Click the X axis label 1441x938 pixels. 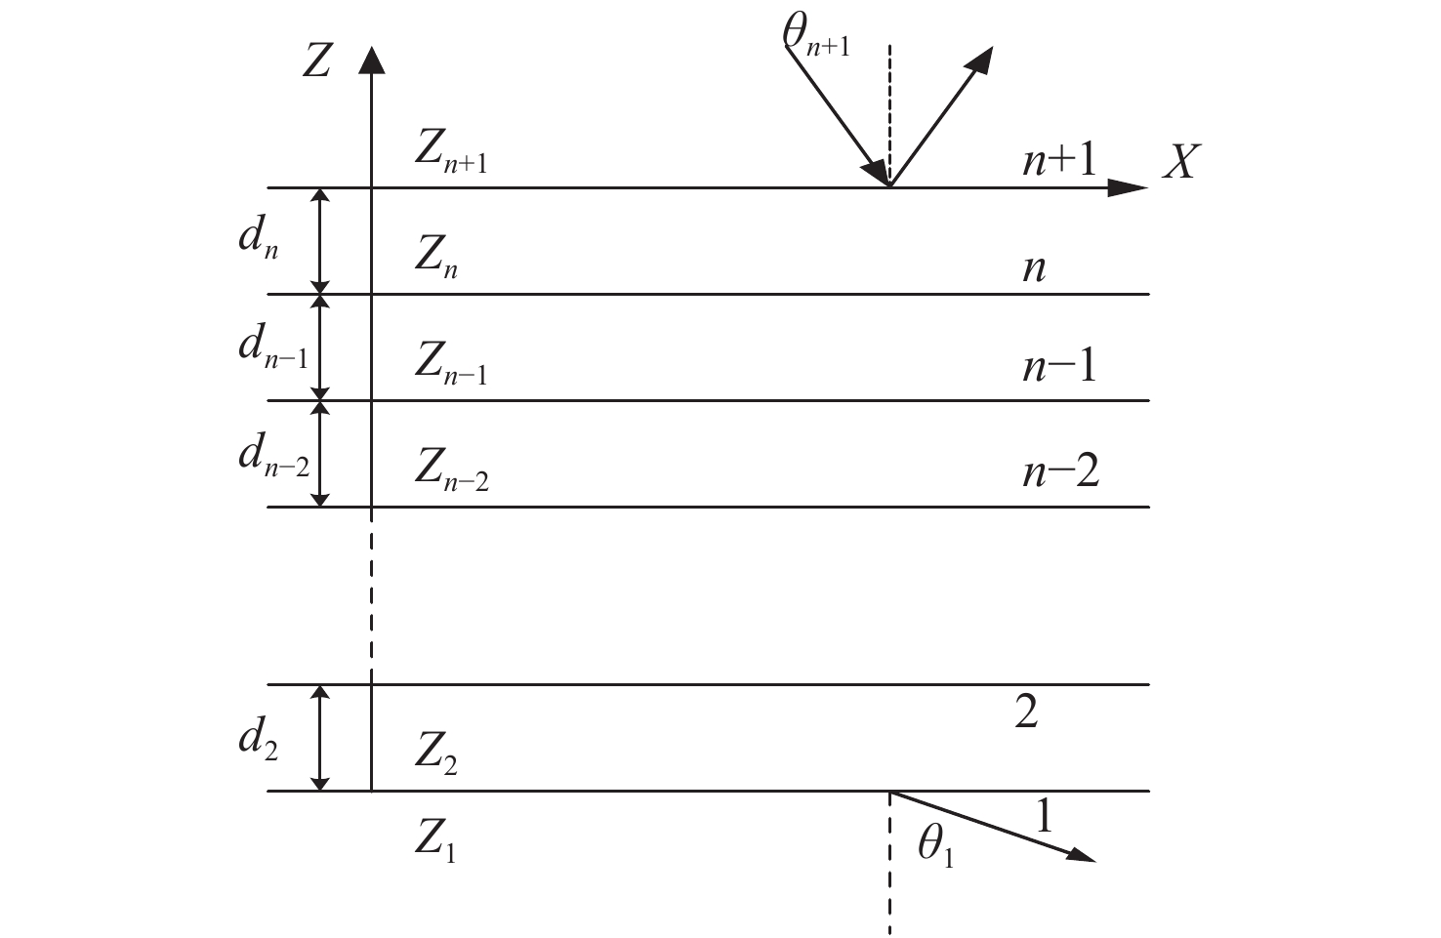1181,161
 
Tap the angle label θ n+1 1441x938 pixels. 816,36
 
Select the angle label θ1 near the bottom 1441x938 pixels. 936,845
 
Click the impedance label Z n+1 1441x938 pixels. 451,152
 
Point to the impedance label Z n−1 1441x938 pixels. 451,363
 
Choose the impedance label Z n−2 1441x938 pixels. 452,470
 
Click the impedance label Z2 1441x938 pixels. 436,754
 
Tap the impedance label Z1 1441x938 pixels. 435,840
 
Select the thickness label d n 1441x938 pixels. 259,238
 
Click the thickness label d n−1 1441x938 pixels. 273,347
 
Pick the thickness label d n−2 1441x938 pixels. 274,455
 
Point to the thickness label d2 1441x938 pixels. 259,740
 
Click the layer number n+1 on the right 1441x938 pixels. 1059,159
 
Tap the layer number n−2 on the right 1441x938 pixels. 1061,471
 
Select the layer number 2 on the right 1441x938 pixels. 1027,712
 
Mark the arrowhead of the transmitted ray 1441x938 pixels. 1081,855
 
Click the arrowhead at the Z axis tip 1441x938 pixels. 372,60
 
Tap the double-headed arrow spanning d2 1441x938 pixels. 320,738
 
